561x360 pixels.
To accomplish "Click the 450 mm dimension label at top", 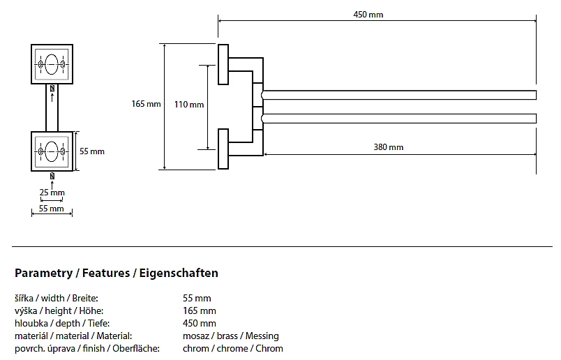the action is coord(368,15).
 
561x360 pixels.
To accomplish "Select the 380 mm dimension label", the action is coord(388,147).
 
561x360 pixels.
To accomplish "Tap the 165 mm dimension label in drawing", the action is coord(146,104).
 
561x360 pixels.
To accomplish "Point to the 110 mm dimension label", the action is coord(189,105).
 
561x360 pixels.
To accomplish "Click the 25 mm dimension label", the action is coord(52,193).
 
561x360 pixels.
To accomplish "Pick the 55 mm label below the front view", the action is coord(51,209).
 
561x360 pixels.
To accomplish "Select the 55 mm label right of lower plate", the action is coord(92,151).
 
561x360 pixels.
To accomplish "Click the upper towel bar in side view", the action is coord(399,95).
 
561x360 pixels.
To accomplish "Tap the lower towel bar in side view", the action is coord(399,119).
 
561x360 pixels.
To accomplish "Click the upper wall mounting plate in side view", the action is coord(223,64).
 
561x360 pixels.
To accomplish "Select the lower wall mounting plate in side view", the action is coord(223,149).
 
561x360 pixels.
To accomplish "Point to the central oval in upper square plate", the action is coord(52,64).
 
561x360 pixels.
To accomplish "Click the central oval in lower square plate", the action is coord(52,151).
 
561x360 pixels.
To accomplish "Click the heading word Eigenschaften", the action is coord(179,273).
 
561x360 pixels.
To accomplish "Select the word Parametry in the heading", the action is coord(44,273).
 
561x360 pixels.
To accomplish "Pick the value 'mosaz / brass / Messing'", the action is coord(231,336).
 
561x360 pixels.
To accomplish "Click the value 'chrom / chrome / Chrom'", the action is coord(233,349).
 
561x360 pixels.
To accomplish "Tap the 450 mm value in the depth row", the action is coord(200,323).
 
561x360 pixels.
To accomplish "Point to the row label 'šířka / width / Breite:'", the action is coord(57,298).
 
